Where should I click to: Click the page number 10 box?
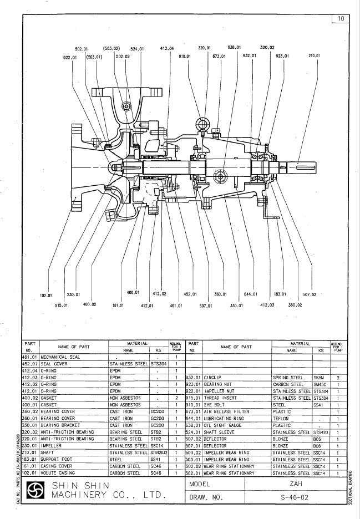click(340, 18)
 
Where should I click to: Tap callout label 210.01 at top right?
click(315, 56)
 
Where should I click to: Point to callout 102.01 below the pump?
click(46, 295)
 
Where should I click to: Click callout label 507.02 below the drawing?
click(310, 295)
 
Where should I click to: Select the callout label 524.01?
click(137, 48)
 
